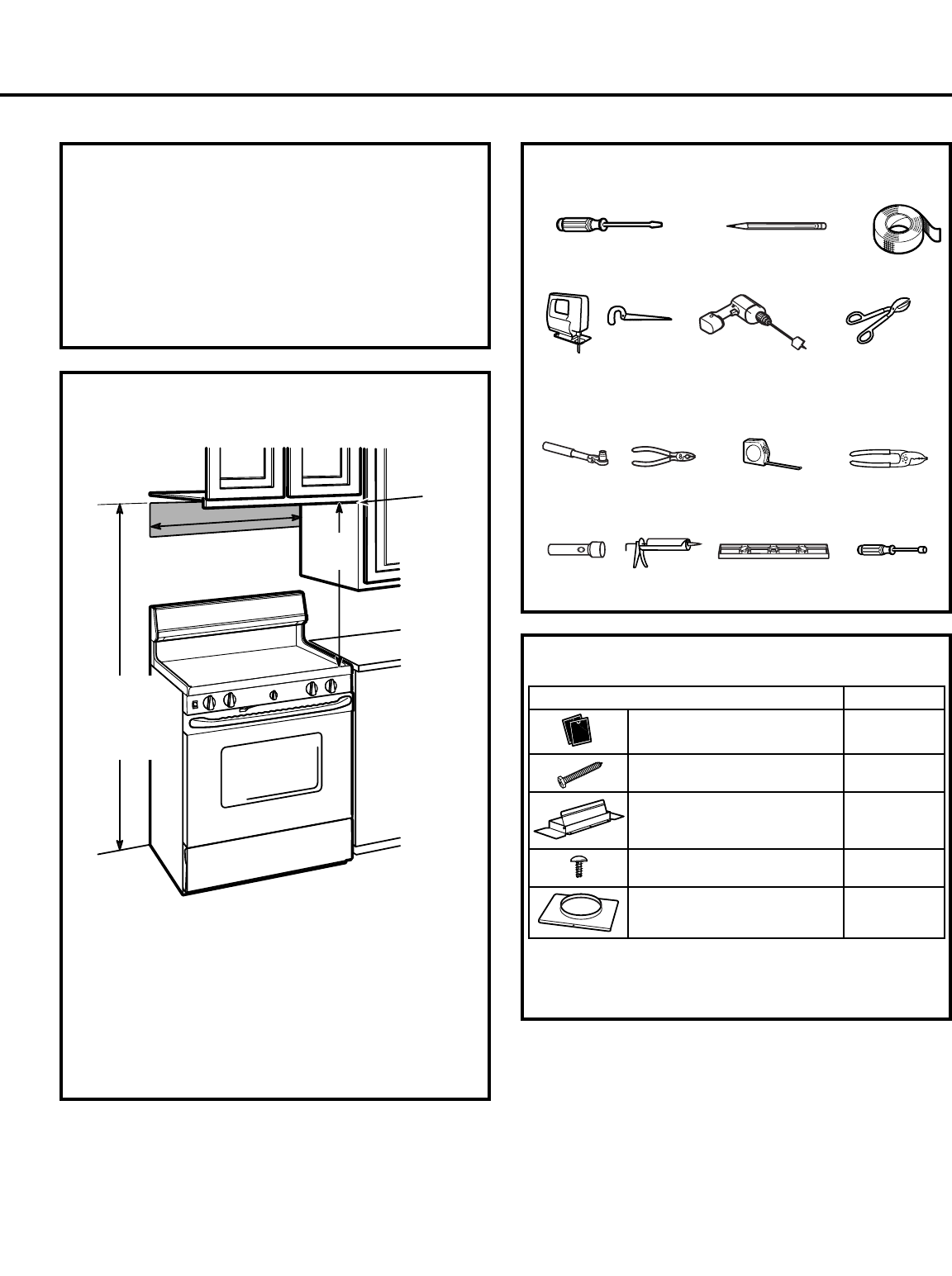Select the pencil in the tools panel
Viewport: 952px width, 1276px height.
775,225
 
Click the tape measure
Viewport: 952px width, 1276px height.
761,453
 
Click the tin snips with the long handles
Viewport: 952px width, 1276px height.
889,458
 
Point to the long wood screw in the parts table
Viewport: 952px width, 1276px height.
578,773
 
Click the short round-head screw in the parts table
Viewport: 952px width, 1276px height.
578,868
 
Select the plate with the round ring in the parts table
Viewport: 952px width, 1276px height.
578,913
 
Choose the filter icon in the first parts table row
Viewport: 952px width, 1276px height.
578,731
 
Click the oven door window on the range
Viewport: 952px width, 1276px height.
271,771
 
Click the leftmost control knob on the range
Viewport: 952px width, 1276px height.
209,703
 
